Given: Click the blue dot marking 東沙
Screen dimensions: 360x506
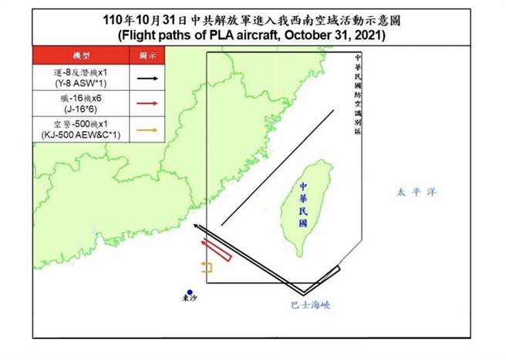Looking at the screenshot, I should pyautogui.click(x=189, y=291).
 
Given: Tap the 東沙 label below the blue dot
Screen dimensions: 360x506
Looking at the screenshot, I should pyautogui.click(x=189, y=301).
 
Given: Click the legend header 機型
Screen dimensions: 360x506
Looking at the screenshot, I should pyautogui.click(x=81, y=56).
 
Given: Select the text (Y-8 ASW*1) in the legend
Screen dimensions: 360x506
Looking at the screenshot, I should pyautogui.click(x=81, y=83).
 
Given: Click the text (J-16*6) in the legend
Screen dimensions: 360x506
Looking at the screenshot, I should pyautogui.click(x=81, y=109).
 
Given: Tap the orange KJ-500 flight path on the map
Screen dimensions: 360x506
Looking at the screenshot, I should pyautogui.click(x=207, y=267).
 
